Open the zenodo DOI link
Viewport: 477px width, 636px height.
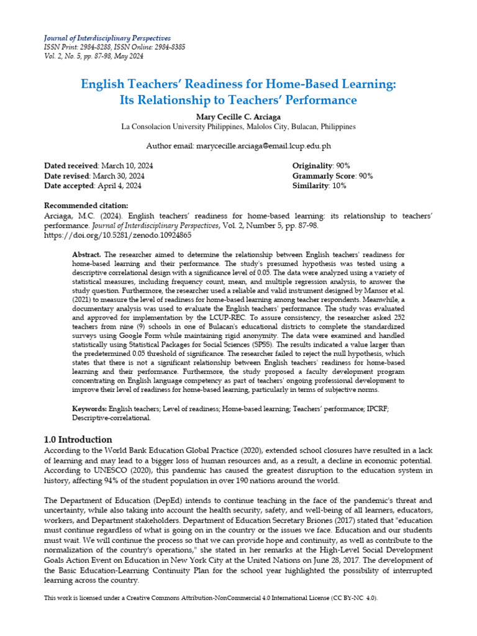(118, 235)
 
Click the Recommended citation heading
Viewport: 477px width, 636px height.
(86, 206)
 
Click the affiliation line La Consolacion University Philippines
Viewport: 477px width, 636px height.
(238, 126)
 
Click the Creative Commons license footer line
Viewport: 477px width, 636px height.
(211, 597)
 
